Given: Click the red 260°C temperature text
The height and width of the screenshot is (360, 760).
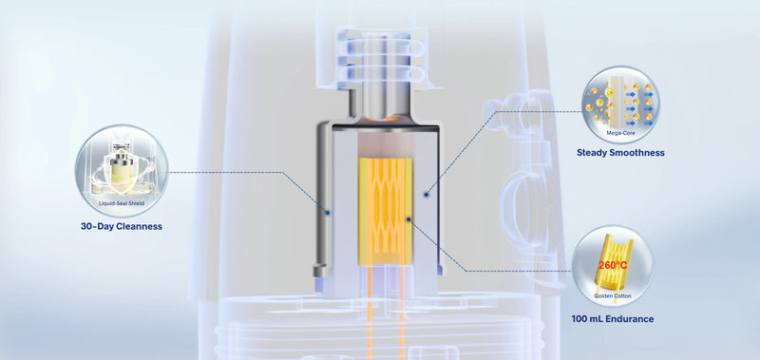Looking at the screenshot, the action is pos(613,265).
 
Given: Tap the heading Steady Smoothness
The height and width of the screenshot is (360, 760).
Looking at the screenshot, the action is pos(620,153).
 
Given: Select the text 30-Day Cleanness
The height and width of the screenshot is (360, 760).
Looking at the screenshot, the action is pos(122,226).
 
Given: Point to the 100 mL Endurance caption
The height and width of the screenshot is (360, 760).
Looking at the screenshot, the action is pos(613,319).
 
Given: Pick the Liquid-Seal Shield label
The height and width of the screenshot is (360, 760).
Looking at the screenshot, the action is pos(122,204).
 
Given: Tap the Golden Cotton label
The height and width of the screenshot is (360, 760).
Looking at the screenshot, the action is pos(613,295).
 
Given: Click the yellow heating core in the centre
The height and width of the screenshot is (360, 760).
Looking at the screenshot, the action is pos(385,211).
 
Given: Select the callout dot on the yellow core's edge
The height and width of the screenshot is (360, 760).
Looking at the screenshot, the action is pos(408,219).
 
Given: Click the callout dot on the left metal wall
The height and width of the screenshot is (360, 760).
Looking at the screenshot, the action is pos(328,212).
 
